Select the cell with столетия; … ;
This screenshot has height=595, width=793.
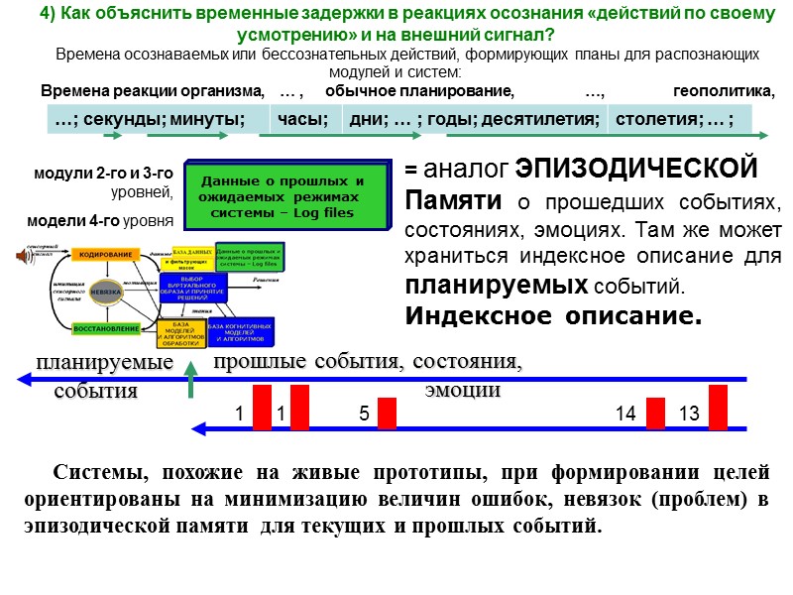pyautogui.click(x=674, y=120)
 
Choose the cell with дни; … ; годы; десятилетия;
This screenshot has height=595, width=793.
pyautogui.click(x=473, y=120)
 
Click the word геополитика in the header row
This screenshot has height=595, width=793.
pyautogui.click(x=723, y=92)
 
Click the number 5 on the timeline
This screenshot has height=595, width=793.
pyautogui.click(x=364, y=414)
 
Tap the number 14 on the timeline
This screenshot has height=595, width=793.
pyautogui.click(x=624, y=414)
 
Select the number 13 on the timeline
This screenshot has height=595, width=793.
pyautogui.click(x=689, y=414)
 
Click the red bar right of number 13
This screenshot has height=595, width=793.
pyautogui.click(x=719, y=408)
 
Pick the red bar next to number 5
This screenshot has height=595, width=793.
pyautogui.click(x=387, y=414)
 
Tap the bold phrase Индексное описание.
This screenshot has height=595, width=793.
pyautogui.click(x=553, y=316)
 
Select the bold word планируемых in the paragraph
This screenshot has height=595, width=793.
pyautogui.click(x=497, y=287)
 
